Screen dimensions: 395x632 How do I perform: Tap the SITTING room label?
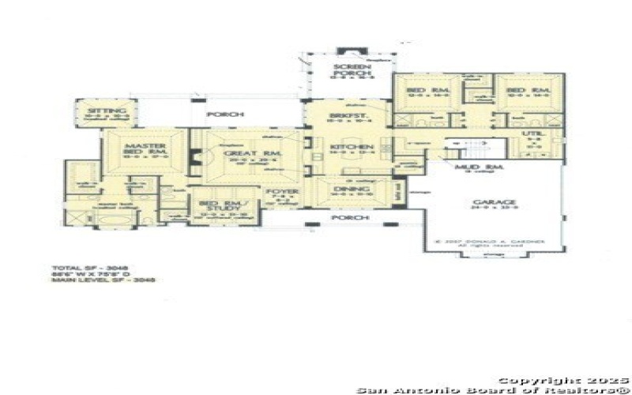click(102, 111)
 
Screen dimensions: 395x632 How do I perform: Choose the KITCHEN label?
click(345, 148)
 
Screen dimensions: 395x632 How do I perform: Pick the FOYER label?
click(280, 191)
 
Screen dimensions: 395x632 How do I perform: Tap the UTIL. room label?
click(533, 136)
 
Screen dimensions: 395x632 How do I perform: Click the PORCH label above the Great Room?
click(220, 115)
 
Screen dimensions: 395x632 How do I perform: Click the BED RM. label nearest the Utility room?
click(517, 91)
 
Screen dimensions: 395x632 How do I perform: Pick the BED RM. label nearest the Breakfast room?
click(419, 91)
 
